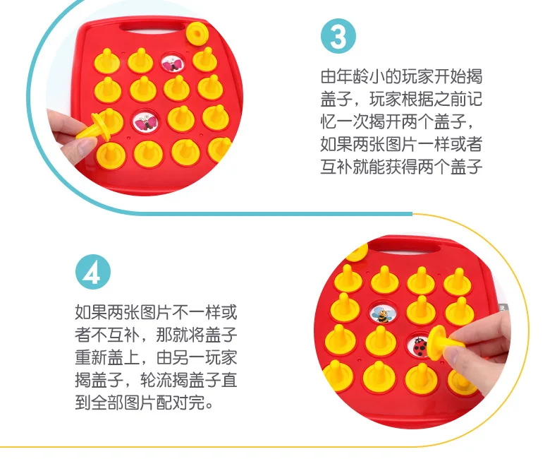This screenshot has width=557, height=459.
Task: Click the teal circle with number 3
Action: coord(338,36)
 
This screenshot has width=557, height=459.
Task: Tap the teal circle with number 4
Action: coord(93,272)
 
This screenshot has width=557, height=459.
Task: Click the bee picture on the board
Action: coord(383,314)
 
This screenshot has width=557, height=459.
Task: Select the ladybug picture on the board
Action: coord(420,346)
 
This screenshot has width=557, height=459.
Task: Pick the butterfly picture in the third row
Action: coord(146,121)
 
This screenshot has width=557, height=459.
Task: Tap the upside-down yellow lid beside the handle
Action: coord(197,34)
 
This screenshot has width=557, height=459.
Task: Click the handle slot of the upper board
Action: coord(152,29)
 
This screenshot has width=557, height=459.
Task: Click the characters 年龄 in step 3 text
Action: coord(353,77)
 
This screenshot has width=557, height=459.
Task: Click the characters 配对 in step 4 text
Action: coord(172,403)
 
